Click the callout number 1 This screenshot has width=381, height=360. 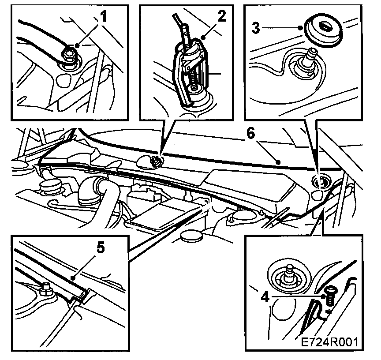point(104,17)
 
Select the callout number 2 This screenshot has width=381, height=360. point(221,16)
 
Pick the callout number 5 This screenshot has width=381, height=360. point(100,248)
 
